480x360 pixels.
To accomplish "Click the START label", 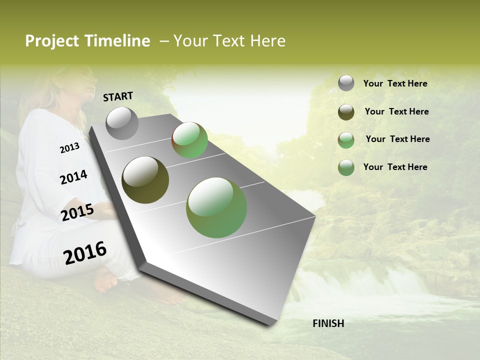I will coord(118,96).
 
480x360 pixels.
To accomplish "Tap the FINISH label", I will coord(328,323).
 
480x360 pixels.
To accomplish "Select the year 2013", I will coord(69,148).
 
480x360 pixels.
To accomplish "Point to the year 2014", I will coord(73,177).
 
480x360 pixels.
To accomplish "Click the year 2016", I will coord(85,253).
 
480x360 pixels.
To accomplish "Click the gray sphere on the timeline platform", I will coord(122,123).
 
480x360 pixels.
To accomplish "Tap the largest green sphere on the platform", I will coord(216,207).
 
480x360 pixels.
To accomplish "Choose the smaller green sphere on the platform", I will coord(190,140).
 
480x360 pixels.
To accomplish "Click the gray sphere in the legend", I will coord(346,83).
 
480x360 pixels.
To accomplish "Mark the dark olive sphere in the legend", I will coord(346,112).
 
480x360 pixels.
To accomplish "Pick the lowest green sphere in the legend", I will coord(346,167).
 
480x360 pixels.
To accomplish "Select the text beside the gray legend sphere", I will coord(395,84).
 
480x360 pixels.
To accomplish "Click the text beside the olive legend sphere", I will coord(396,111).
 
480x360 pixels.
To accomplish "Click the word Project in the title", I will coord(52,41).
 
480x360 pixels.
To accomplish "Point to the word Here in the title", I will coord(267,41).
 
